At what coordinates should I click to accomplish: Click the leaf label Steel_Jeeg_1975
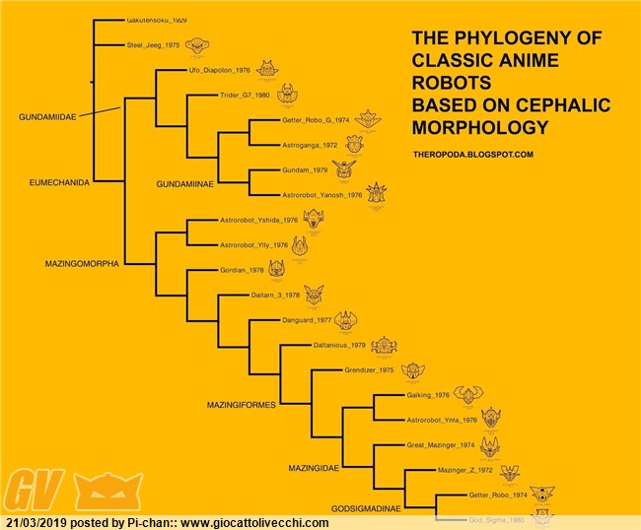[153, 45]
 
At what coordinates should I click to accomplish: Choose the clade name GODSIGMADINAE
[365, 509]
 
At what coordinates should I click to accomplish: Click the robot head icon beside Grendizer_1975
[412, 370]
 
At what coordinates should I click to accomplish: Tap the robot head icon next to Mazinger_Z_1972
[509, 472]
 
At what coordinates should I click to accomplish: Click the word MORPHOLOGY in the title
[480, 128]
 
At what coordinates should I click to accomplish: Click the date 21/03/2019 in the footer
[37, 522]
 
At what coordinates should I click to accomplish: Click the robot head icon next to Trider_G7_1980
[286, 94]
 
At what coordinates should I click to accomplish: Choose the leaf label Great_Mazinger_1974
[441, 445]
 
